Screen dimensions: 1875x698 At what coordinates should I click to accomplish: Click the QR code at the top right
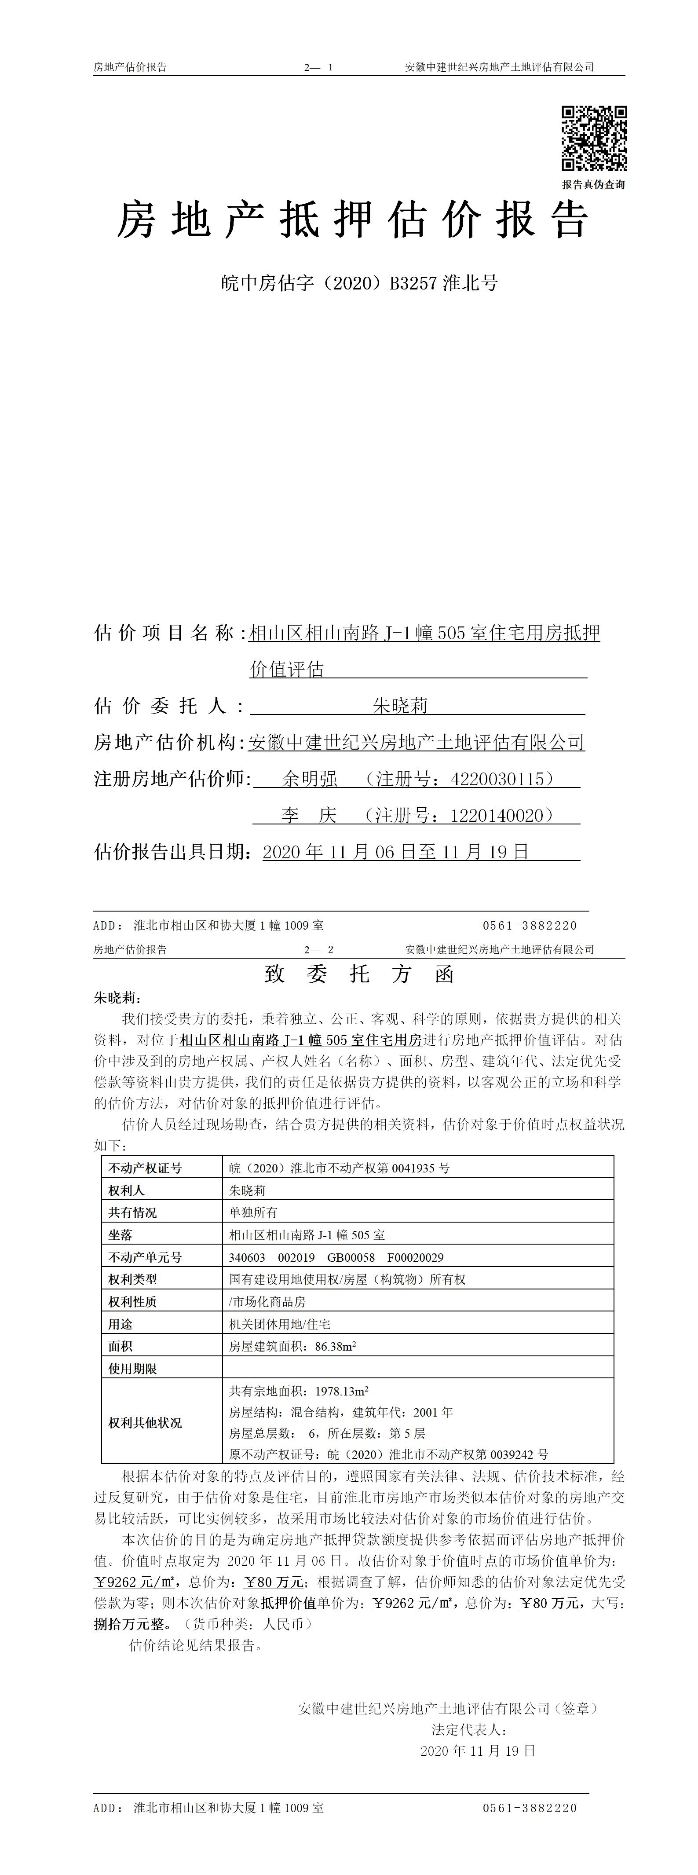point(593,138)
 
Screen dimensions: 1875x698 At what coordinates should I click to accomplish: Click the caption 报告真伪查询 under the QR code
point(593,185)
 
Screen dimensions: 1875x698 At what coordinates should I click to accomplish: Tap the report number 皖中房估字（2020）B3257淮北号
point(359,283)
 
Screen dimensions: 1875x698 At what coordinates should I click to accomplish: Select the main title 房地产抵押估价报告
point(352,220)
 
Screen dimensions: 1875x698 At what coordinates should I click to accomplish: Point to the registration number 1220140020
point(497,816)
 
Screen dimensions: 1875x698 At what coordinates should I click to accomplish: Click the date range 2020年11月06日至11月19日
point(395,852)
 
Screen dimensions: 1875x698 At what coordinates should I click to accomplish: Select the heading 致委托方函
point(359,974)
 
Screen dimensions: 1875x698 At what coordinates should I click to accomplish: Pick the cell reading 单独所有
point(253,1212)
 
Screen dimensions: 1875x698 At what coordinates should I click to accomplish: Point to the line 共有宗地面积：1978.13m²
point(298,1391)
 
